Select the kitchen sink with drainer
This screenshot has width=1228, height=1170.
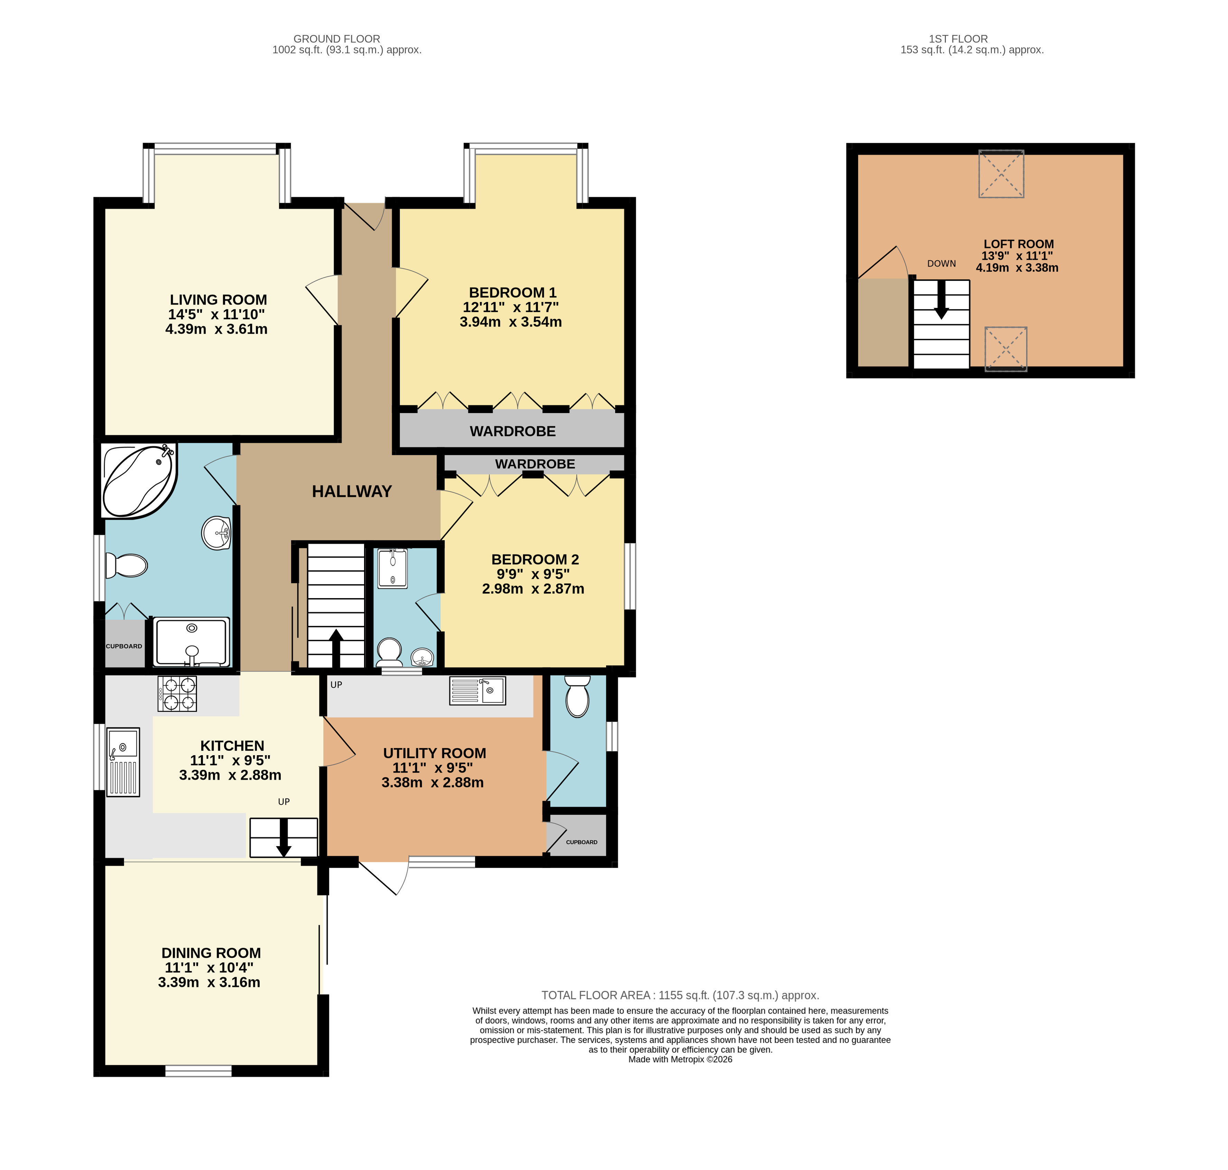coord(123,762)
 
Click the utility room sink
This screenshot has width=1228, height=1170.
coord(477,691)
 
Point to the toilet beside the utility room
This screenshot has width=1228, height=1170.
coord(577,696)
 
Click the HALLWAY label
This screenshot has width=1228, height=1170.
coord(352,492)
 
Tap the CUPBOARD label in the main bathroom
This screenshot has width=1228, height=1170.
coord(124,646)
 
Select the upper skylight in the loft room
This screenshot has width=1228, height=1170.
coord(1001,174)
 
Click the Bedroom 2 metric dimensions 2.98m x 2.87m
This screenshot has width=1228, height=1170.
coord(533,589)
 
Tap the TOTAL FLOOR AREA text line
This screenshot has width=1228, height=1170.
coord(680,995)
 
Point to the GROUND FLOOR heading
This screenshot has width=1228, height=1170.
coord(337,39)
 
